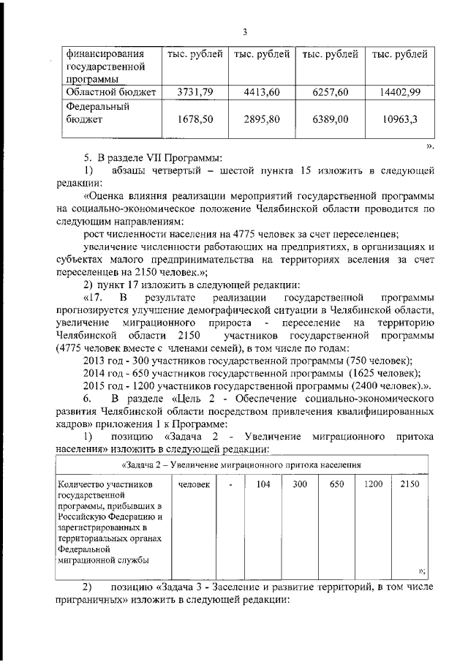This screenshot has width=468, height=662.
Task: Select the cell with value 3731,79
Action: coord(195,92)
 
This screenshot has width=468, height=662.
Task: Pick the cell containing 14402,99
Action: coord(399,92)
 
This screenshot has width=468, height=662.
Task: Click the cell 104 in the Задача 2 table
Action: coord(264,484)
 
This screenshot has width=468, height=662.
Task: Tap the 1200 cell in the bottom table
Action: coord(373,484)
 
